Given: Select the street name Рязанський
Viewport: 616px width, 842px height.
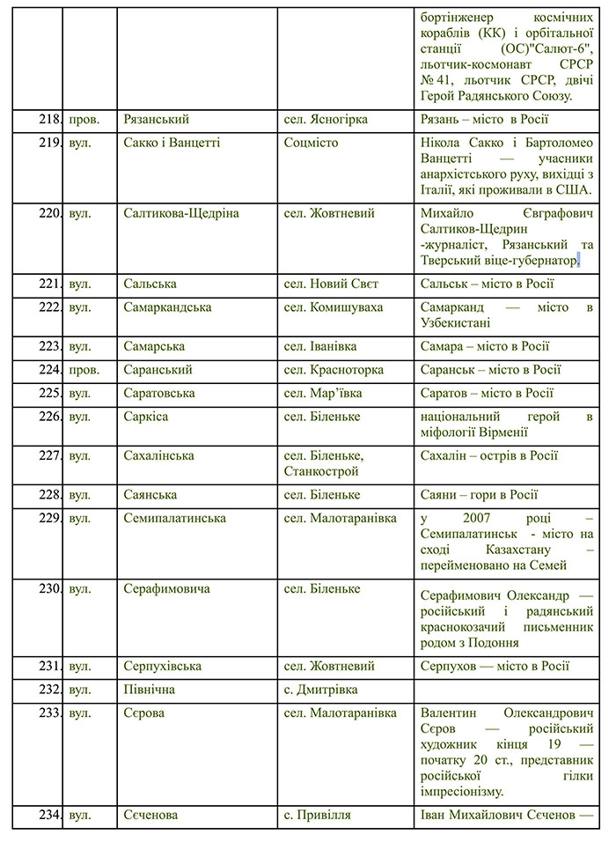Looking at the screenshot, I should click(157, 119).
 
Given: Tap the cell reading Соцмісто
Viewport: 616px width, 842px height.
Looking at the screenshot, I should click(311, 143).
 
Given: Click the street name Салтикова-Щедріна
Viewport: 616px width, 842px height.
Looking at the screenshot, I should click(181, 213).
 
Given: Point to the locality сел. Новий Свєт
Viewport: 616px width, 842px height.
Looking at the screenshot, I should click(331, 284).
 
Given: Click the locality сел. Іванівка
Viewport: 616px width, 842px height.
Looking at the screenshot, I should click(322, 346).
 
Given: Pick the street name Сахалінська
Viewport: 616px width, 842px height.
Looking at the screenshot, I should click(159, 456).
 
